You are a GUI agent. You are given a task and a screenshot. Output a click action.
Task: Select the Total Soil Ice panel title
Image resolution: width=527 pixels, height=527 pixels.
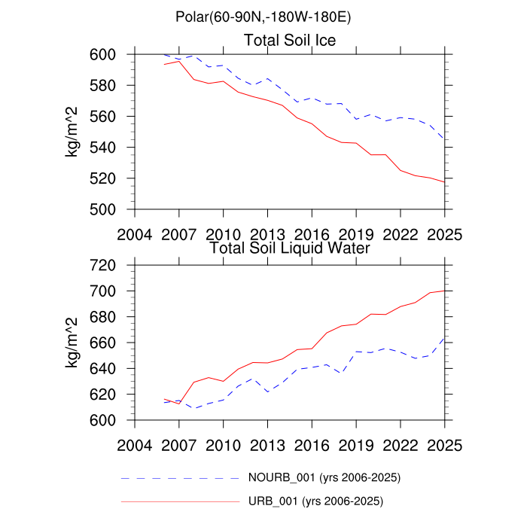pyautogui.click(x=290, y=39)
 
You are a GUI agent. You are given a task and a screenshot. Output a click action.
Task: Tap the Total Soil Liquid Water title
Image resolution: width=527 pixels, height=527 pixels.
pyautogui.click(x=288, y=247)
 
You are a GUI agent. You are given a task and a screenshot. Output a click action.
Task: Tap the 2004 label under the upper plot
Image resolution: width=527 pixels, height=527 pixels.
pyautogui.click(x=135, y=233)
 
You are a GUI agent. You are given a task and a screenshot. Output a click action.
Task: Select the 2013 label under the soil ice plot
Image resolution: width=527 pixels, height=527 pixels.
pyautogui.click(x=268, y=233)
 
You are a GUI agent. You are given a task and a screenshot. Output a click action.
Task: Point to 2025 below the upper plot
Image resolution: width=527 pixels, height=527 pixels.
pyautogui.click(x=445, y=233)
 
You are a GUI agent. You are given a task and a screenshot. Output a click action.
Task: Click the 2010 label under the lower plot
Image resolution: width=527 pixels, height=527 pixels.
pyautogui.click(x=224, y=444)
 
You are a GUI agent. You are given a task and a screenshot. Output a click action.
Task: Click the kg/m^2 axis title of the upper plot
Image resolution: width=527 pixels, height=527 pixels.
pyautogui.click(x=74, y=132)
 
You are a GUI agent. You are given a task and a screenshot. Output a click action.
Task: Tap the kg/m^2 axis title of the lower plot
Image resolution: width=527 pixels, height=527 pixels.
pyautogui.click(x=74, y=343)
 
